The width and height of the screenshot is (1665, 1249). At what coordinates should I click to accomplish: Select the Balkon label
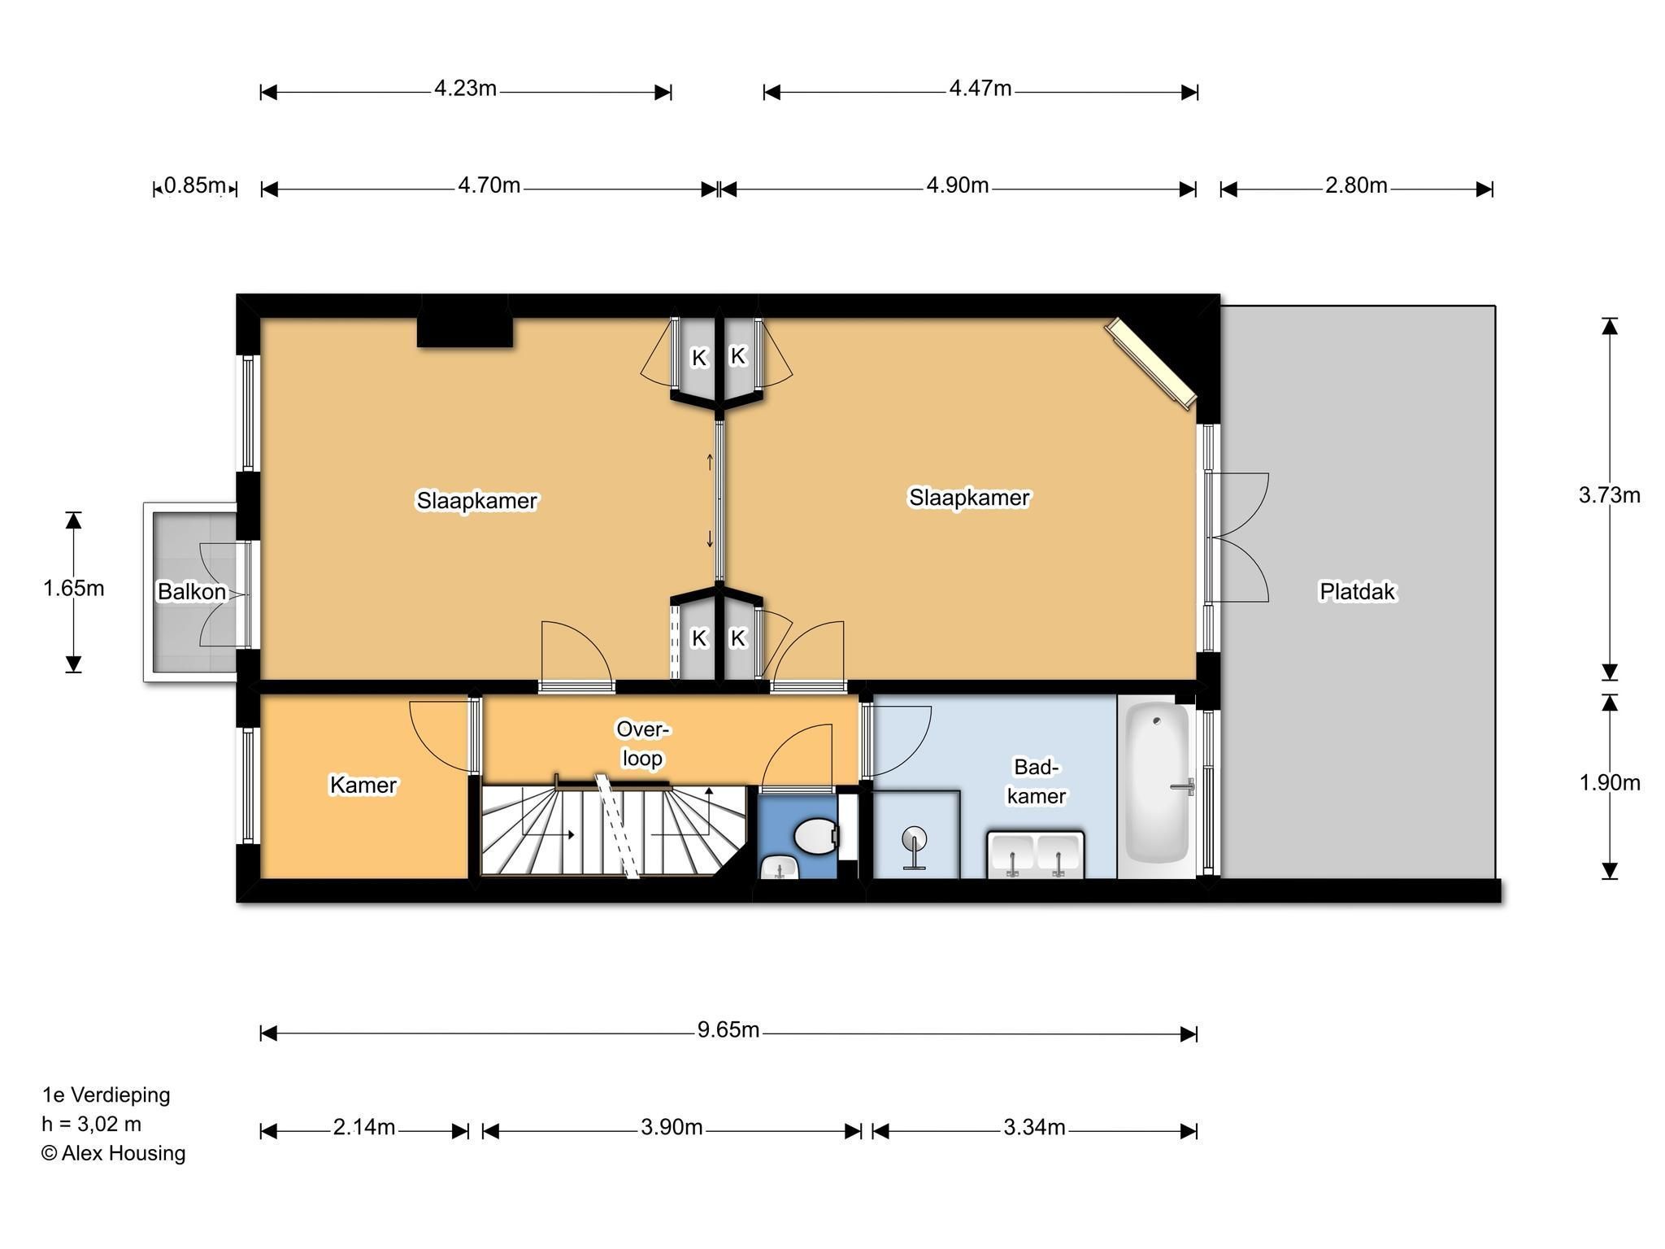(192, 591)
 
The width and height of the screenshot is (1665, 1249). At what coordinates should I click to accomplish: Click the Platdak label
(1357, 591)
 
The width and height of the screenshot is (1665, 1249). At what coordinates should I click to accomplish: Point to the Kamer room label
(363, 785)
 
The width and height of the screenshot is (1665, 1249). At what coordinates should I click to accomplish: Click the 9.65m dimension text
(728, 1030)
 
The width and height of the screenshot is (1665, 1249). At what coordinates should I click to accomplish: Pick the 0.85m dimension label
(194, 186)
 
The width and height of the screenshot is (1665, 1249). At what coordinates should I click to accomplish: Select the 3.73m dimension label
(1610, 495)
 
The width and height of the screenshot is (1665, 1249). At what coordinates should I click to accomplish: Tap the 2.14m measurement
(364, 1128)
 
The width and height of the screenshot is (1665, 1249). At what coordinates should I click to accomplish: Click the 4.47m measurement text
(980, 88)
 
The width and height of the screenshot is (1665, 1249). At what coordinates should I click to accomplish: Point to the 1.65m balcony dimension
(74, 588)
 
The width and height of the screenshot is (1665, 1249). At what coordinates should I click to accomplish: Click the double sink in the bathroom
(1036, 855)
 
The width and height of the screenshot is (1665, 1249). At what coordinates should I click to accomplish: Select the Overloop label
(642, 743)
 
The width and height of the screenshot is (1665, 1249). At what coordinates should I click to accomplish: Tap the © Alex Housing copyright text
(114, 1153)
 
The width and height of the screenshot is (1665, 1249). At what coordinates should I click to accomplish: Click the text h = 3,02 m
(92, 1125)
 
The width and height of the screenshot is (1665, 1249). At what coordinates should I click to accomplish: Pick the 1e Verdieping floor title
(107, 1095)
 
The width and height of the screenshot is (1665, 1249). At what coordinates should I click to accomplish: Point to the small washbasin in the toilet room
(780, 868)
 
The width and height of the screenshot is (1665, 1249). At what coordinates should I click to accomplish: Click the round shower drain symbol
(915, 839)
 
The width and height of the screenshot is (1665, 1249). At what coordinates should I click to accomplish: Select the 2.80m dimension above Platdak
(1356, 185)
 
